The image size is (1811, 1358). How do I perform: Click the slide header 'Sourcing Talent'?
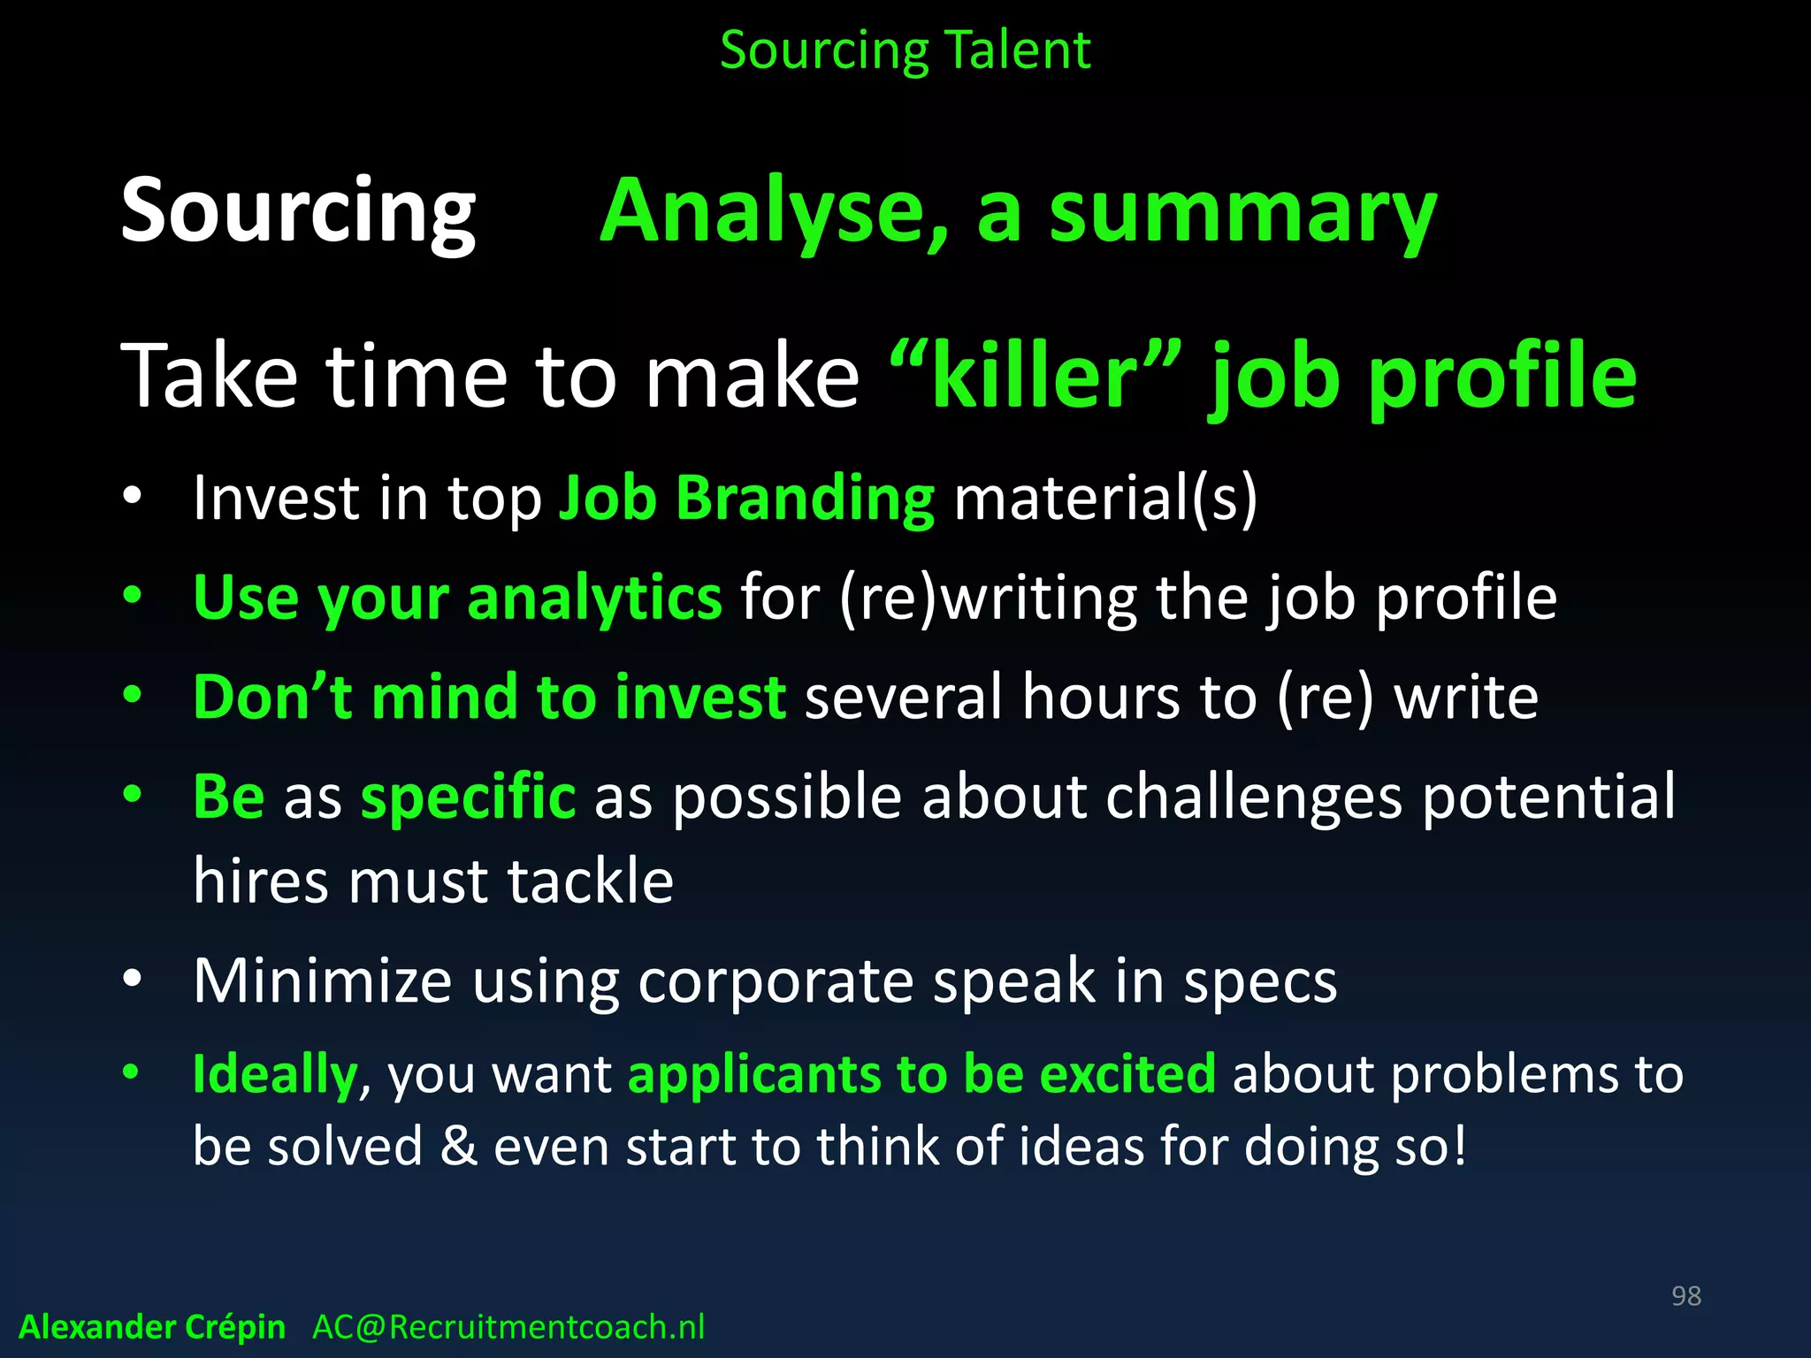click(905, 51)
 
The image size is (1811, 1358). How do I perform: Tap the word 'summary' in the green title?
click(1242, 212)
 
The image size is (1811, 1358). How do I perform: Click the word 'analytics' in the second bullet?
click(594, 599)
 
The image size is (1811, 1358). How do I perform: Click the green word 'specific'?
click(468, 797)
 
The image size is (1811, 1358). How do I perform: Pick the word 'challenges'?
click(1254, 797)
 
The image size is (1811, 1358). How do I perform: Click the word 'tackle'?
click(590, 882)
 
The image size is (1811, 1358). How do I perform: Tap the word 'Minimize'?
click(323, 981)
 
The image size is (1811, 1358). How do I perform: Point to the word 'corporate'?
click(776, 981)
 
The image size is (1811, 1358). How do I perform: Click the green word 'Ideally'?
click(274, 1075)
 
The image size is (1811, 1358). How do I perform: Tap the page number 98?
click(1685, 1296)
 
